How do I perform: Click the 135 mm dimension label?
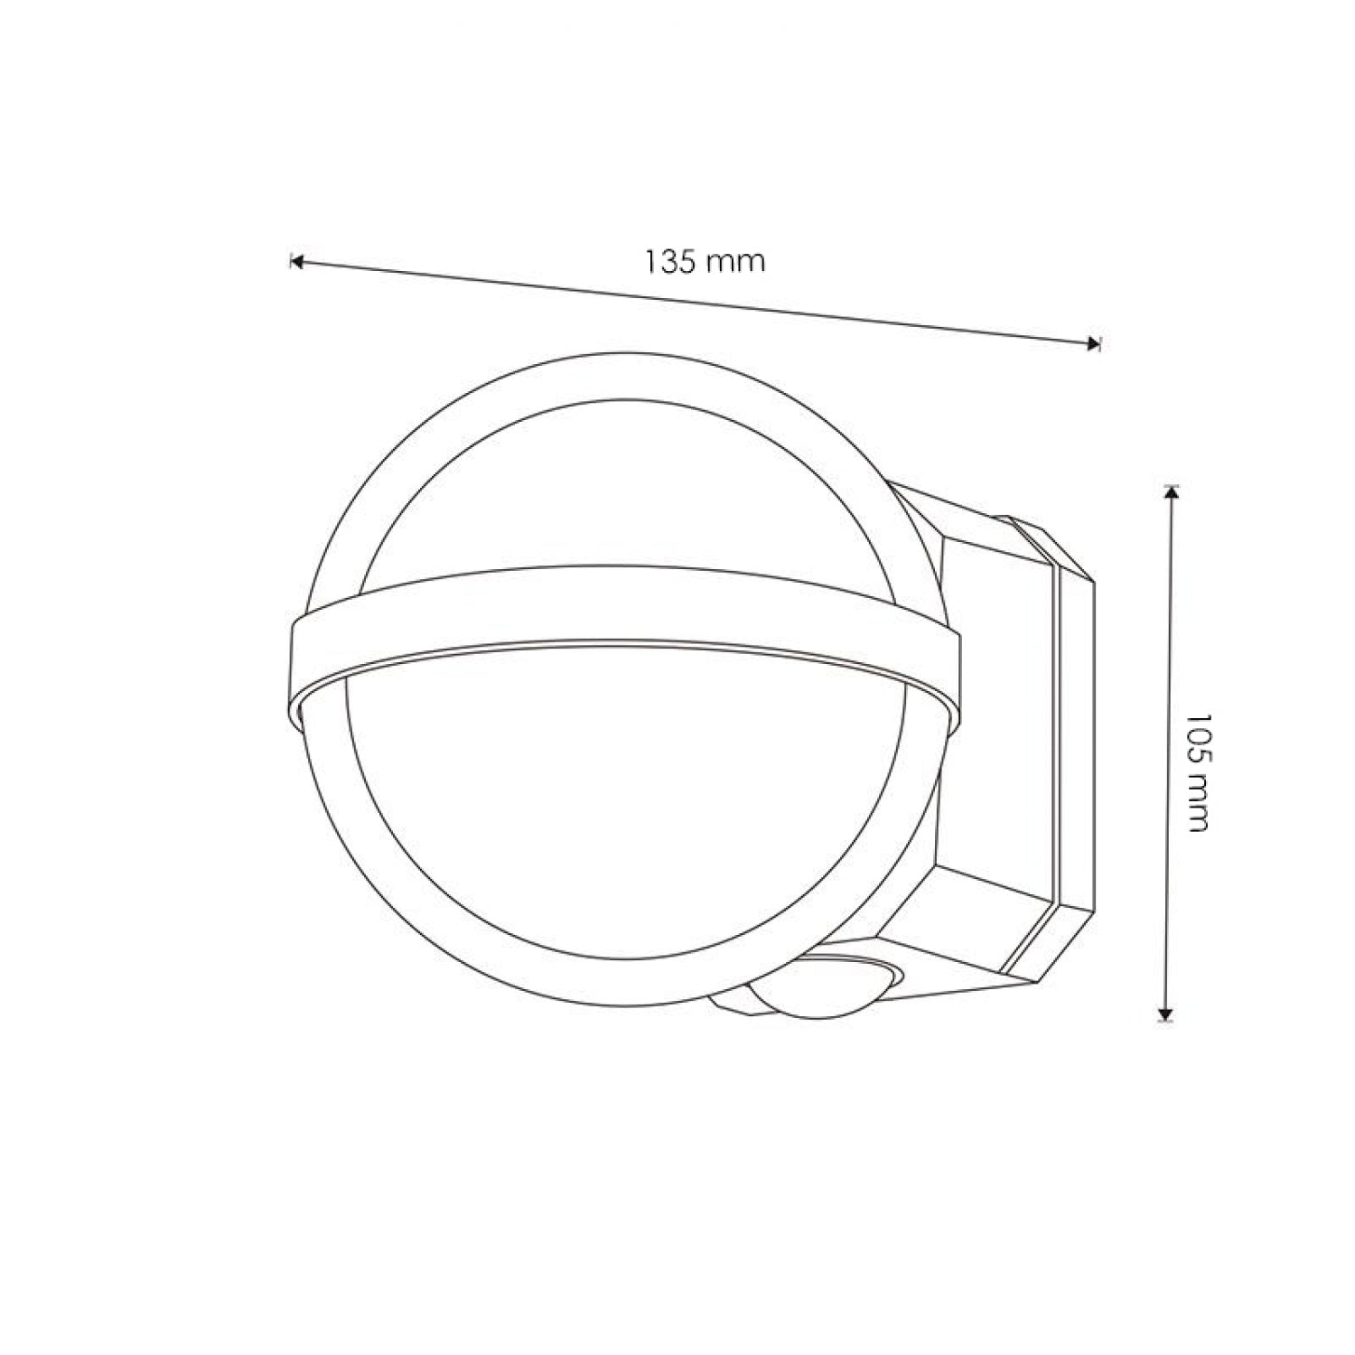coord(706,261)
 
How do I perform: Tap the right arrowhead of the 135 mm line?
coord(1094,342)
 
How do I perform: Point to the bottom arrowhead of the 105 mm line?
coord(1166,1014)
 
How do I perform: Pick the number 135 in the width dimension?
coord(671,261)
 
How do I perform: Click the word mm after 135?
coord(736,262)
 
